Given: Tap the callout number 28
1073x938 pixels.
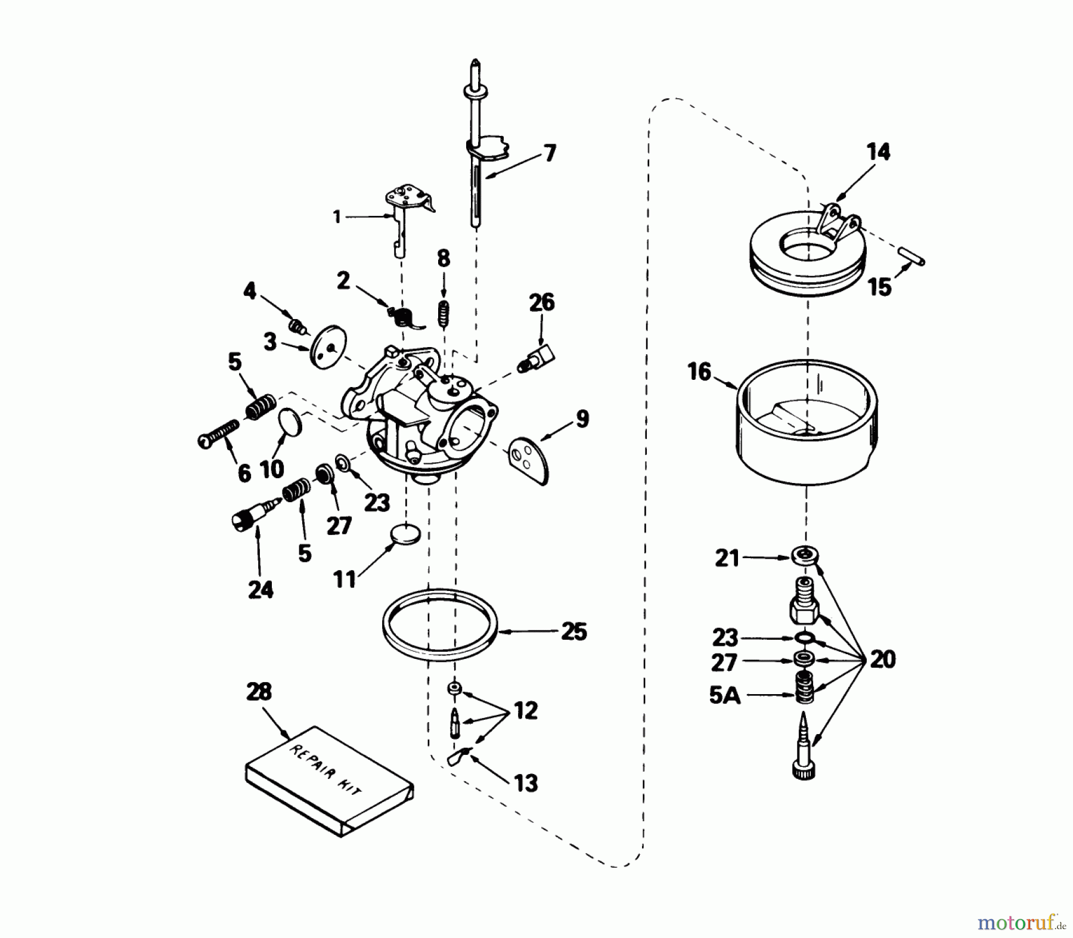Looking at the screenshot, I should click(x=259, y=692).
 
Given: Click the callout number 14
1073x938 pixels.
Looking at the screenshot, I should click(x=878, y=152).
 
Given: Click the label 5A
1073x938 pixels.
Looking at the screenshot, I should click(x=725, y=695).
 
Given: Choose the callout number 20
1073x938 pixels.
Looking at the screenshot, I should click(x=882, y=660).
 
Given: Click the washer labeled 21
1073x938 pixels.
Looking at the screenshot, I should click(x=805, y=555).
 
